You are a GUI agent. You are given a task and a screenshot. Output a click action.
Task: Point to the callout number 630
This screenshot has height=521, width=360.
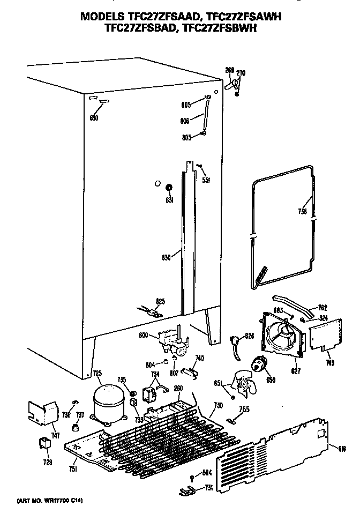pyautogui.click(x=94, y=118)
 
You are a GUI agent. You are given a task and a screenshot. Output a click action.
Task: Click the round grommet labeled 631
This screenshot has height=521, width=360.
pyautogui.click(x=169, y=188)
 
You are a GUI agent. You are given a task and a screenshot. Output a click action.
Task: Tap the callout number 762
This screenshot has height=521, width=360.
pyautogui.click(x=322, y=308)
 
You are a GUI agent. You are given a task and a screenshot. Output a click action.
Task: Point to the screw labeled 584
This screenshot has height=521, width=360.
pyautogui.click(x=192, y=477)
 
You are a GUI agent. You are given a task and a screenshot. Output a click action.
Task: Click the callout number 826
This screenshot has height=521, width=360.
pyautogui.click(x=249, y=337)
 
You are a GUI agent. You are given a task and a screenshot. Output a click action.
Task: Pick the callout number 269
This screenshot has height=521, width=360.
pyautogui.click(x=229, y=70)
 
